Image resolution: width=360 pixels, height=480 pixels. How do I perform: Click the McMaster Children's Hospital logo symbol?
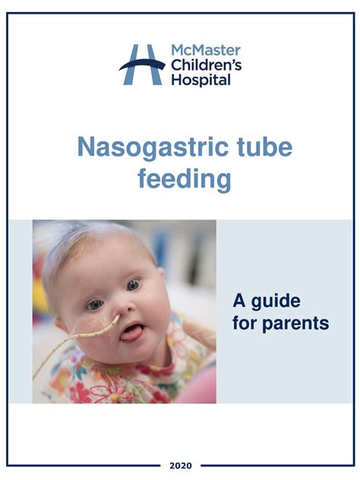pyautogui.click(x=142, y=65)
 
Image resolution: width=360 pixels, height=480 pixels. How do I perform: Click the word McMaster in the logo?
pyautogui.click(x=205, y=51)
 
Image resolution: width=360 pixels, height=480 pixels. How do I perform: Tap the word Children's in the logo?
pyautogui.click(x=206, y=65)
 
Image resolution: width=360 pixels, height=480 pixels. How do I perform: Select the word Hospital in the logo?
pyautogui.click(x=201, y=80)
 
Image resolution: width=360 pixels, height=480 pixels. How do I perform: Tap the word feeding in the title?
pyautogui.click(x=184, y=179)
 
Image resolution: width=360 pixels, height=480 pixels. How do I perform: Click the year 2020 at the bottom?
pyautogui.click(x=180, y=465)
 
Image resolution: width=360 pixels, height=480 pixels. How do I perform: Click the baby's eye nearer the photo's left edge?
pyautogui.click(x=95, y=304)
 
